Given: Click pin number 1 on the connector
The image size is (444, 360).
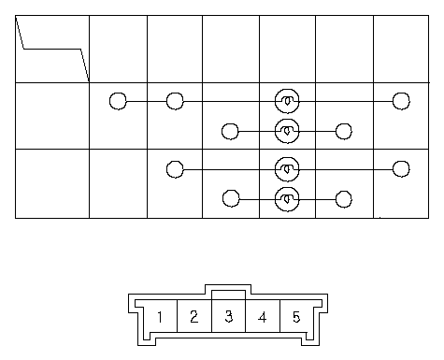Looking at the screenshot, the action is [160, 317].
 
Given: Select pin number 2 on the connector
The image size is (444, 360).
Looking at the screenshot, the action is [194, 317].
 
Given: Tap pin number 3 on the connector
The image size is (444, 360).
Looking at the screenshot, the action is [228, 317].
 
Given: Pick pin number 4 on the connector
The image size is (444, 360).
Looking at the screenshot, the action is [263, 317].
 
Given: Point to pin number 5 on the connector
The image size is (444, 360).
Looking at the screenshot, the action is [296, 317].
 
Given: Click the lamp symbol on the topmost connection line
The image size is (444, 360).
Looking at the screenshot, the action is [287, 101].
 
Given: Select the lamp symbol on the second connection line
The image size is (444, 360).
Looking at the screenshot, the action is [287, 131].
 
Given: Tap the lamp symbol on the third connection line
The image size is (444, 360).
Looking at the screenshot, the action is [287, 169].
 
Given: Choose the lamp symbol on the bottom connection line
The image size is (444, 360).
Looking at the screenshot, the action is [287, 199].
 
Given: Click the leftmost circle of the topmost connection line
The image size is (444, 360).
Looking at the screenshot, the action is [118, 101].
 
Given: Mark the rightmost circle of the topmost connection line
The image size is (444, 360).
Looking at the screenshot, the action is [401, 101].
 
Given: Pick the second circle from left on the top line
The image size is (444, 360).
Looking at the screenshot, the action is [175, 101].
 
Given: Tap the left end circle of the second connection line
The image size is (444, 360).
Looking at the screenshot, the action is [230, 131].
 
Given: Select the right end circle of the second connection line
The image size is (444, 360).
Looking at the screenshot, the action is [344, 131].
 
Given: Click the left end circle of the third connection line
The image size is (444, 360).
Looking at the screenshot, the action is [175, 169].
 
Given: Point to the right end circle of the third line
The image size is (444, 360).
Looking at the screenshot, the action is [401, 169].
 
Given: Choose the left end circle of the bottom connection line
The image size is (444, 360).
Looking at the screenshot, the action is [231, 198].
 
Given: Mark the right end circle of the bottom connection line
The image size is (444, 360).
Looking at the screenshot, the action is [344, 199].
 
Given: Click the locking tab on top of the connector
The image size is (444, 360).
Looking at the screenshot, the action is [228, 289].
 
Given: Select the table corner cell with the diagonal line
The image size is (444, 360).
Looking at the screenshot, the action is [52, 49].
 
